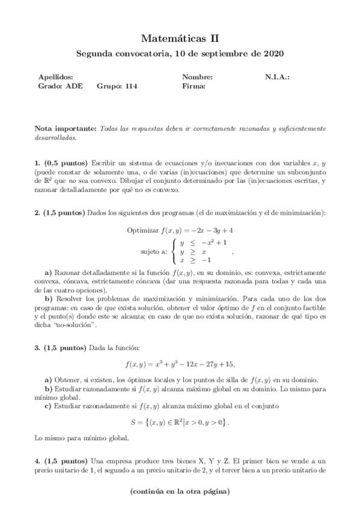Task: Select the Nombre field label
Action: [x=197, y=77]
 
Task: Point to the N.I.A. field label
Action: [x=278, y=77]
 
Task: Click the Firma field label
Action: [x=194, y=86]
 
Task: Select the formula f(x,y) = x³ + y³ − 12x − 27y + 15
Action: [x=180, y=364]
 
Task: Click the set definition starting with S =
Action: [x=180, y=422]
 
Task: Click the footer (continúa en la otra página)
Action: [x=180, y=491]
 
